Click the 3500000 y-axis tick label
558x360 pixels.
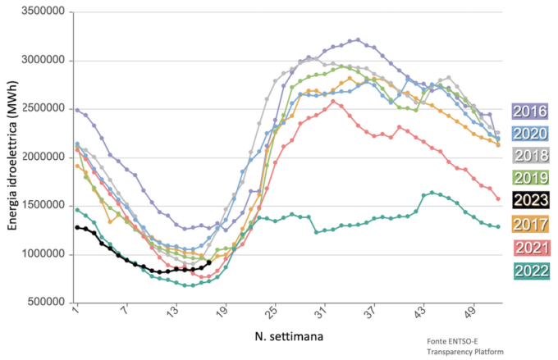39,12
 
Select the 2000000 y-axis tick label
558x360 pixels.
39,157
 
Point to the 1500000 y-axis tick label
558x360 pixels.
39,206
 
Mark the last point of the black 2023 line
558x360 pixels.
208,262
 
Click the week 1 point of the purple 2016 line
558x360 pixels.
76,109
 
